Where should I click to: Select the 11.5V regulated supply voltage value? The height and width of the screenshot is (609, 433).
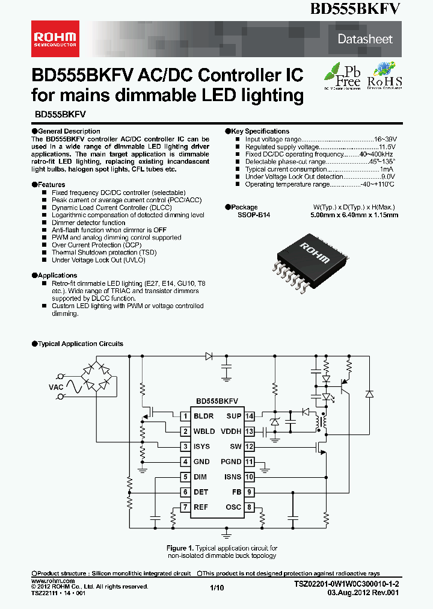point(387,146)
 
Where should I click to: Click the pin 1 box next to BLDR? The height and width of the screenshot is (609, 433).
point(185,416)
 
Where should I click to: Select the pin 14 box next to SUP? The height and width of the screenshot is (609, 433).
point(249,416)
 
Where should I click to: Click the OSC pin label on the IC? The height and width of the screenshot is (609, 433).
point(234,507)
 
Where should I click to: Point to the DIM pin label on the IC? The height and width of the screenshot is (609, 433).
point(200,477)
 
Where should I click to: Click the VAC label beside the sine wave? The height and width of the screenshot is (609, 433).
point(56,388)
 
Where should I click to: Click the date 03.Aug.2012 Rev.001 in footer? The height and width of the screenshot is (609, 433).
point(363,593)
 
